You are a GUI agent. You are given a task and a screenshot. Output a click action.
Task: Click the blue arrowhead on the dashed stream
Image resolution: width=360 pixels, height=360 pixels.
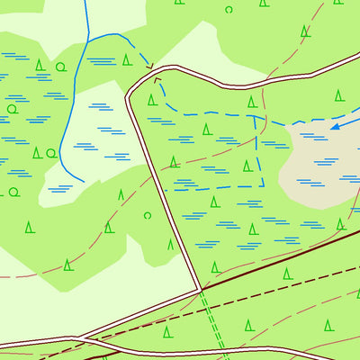[x=334, y=126]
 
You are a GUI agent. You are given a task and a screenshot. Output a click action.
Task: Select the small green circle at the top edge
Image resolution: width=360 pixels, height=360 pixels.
[x=229, y=10]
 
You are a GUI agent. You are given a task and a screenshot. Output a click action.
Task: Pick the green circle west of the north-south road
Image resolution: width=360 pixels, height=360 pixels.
[x=148, y=215]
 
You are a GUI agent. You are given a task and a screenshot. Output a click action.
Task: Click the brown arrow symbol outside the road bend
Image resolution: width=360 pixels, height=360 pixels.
[x=149, y=66]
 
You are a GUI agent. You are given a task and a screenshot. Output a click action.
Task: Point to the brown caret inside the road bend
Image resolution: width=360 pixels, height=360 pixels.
[x=157, y=79]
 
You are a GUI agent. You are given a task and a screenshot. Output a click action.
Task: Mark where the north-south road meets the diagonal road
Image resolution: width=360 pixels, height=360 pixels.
[x=199, y=290]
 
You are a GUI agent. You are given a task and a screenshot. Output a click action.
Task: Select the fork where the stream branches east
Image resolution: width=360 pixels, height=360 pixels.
[x=87, y=38]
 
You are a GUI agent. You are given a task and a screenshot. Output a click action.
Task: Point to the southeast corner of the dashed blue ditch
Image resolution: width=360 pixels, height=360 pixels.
[x=263, y=185]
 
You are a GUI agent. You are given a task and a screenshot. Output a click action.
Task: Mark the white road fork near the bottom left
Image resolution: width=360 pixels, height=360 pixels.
[x=79, y=338]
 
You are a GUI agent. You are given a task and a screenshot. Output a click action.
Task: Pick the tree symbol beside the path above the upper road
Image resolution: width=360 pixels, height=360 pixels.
[x=305, y=31]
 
